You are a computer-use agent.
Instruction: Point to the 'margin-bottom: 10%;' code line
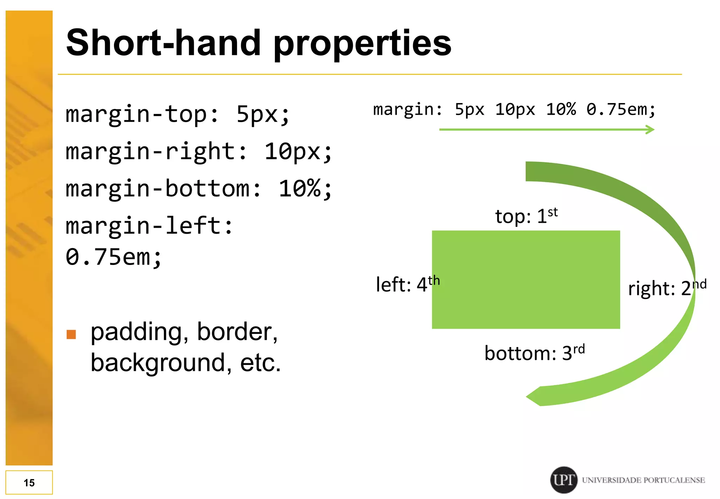[199, 189]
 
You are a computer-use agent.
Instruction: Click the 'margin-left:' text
[149, 226]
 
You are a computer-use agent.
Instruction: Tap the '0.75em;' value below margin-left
[113, 257]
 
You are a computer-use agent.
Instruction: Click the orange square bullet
[71, 334]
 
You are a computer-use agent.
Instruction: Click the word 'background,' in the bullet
[161, 363]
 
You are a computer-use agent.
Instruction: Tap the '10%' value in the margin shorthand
[561, 109]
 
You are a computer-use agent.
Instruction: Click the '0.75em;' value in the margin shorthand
[621, 109]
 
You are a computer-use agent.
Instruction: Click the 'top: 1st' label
[526, 216]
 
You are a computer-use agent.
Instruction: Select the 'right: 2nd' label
[667, 288]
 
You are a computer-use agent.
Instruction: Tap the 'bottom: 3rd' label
[534, 353]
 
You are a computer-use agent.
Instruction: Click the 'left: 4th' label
[408, 284]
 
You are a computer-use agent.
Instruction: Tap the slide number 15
[29, 482]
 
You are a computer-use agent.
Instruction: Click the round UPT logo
[564, 480]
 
